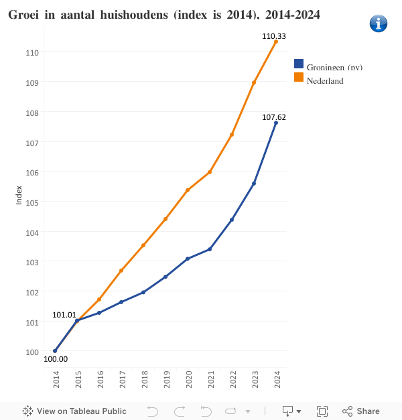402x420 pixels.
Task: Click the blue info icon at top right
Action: coord(379,23)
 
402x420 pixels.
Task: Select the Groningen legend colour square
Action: coord(299,64)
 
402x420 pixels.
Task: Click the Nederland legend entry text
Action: coord(325,81)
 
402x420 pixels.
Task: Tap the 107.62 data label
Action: coord(273,117)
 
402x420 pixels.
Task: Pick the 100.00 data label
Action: coord(56,358)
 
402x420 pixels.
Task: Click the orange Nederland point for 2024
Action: coord(276,42)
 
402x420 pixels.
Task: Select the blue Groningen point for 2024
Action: coord(276,123)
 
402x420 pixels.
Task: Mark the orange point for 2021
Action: coord(210,172)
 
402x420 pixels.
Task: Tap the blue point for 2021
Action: coord(210,249)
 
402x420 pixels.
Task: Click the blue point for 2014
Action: coord(55,350)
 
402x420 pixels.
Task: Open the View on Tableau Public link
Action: coord(74,411)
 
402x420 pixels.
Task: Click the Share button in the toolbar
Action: coord(361,411)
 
